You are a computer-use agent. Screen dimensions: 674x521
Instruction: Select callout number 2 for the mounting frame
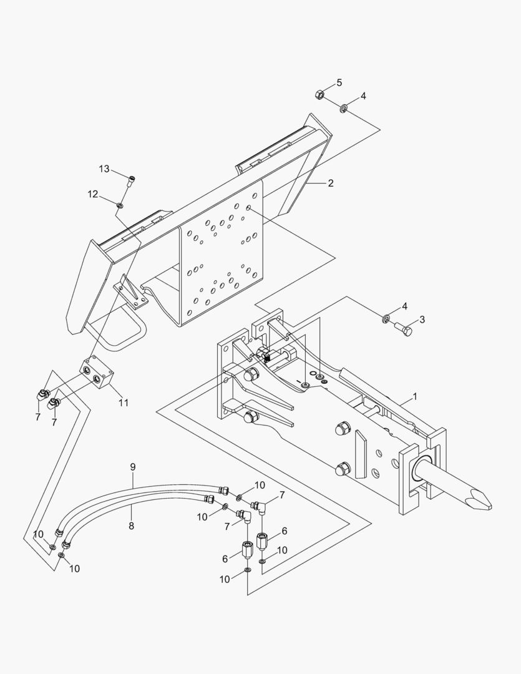point(330,183)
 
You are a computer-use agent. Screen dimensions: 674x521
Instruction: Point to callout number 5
point(339,82)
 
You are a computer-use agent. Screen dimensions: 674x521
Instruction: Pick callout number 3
point(422,320)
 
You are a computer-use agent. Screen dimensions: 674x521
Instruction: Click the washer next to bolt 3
point(386,320)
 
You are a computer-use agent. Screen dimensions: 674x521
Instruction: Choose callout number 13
point(104,169)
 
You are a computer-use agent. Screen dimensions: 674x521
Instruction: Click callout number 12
point(92,194)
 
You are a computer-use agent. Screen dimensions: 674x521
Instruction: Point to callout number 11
point(124,403)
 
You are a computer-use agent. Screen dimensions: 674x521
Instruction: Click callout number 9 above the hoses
point(132,467)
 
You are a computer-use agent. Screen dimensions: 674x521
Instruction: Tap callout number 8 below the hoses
point(131,525)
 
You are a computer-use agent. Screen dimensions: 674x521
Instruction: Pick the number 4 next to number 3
point(404,306)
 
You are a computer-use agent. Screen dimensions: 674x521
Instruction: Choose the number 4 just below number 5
point(363,96)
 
